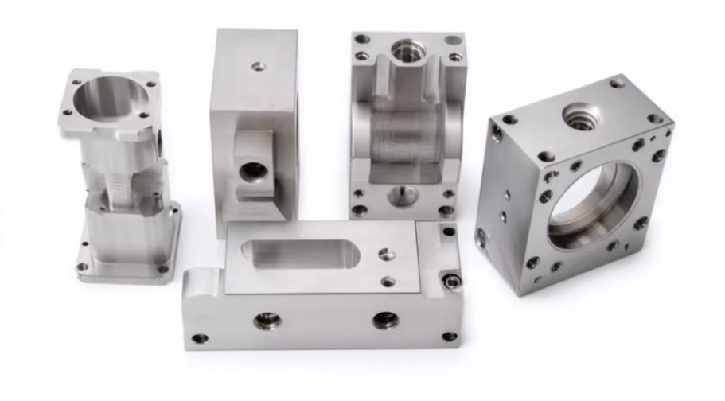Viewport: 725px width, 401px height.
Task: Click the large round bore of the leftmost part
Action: [x=111, y=99]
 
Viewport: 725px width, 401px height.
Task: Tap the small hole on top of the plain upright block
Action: [x=258, y=67]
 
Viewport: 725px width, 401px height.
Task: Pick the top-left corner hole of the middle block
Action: [x=362, y=38]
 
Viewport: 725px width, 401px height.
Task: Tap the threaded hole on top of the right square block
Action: [x=579, y=117]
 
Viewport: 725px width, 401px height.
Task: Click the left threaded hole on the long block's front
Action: [x=267, y=320]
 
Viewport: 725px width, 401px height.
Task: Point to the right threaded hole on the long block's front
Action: [x=385, y=320]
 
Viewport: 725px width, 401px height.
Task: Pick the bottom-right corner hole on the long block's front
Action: [x=450, y=337]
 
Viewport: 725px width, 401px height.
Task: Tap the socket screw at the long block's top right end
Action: [x=452, y=281]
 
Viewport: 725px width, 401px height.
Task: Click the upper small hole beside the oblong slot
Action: [x=386, y=254]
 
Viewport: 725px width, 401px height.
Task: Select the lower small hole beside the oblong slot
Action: [x=388, y=281]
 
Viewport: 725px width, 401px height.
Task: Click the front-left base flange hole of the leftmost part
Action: [x=83, y=267]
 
